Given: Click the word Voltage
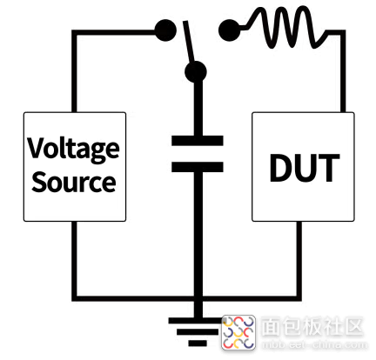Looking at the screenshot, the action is click(x=74, y=150).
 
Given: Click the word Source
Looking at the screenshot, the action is click(x=74, y=182).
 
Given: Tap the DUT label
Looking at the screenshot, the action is click(x=305, y=168).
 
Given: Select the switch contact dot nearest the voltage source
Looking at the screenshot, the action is click(x=165, y=30).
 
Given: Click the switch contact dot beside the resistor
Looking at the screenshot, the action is click(x=230, y=30).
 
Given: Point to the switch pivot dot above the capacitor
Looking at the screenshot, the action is click(x=196, y=72).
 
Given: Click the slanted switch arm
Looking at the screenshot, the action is click(x=189, y=42).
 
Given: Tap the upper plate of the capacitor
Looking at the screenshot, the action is click(x=198, y=141).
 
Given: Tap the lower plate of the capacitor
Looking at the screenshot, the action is click(x=198, y=167).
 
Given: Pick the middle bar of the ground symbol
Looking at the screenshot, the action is click(x=198, y=332).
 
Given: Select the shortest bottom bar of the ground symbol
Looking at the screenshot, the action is click(x=198, y=343).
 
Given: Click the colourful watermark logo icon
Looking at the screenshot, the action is click(x=238, y=332).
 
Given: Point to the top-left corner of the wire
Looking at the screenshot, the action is click(x=74, y=32).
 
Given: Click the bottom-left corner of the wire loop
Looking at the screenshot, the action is click(x=74, y=298).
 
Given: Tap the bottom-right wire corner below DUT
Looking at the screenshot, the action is click(x=299, y=298).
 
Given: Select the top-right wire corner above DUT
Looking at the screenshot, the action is click(x=343, y=32).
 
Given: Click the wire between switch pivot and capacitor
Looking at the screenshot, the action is click(x=198, y=110).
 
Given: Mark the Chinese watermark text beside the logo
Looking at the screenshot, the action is click(x=312, y=327).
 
